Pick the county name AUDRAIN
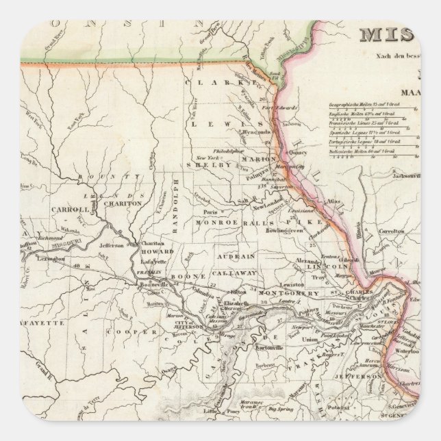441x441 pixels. click(x=236, y=255)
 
